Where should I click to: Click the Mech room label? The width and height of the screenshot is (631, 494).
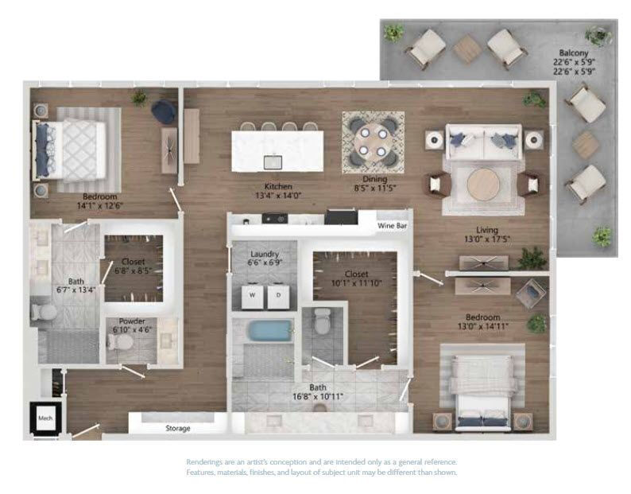[x=45, y=418]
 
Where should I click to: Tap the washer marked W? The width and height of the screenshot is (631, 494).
[x=252, y=296]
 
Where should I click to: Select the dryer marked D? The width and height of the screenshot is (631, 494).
[x=278, y=296]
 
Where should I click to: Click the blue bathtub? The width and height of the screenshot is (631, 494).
[x=270, y=331]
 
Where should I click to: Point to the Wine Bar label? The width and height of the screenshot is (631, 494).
[x=392, y=226]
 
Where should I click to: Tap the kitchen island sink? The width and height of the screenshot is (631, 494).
[x=273, y=162]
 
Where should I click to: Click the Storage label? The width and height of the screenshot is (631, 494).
[x=178, y=428]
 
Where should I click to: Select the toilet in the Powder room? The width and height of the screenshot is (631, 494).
[x=120, y=343]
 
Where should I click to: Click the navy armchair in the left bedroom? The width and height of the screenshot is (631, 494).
[x=164, y=111]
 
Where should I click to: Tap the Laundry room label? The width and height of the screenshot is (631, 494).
[x=265, y=255]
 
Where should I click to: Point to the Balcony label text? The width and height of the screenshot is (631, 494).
[x=574, y=53]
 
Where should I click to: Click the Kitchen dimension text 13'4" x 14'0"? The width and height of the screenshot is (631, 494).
[x=278, y=196]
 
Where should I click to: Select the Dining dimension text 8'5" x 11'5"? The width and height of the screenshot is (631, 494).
[x=375, y=188]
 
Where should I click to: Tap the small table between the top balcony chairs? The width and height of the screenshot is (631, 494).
[x=466, y=49]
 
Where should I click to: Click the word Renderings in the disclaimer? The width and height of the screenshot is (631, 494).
[x=206, y=462]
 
